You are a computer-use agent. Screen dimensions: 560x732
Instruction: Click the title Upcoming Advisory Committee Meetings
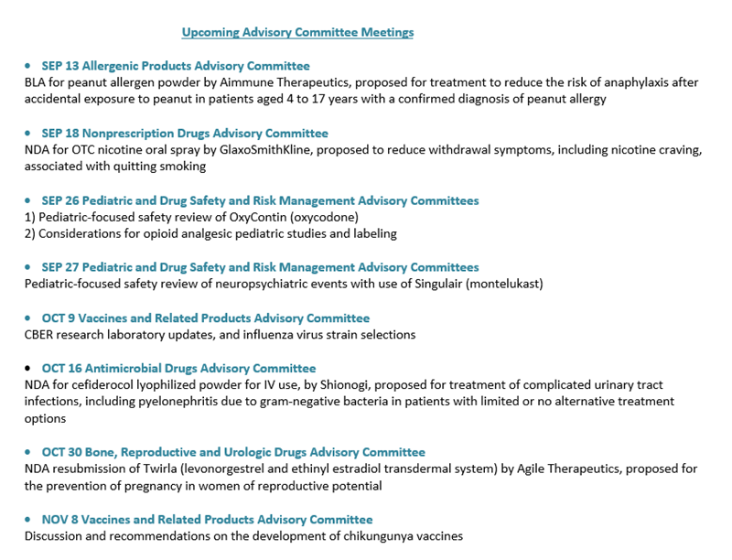coord(297,33)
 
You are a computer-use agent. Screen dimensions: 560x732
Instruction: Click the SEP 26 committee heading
coord(260,200)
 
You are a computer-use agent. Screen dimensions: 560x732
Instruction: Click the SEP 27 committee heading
coord(260,267)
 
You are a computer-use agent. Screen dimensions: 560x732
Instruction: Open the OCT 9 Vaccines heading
coord(206,318)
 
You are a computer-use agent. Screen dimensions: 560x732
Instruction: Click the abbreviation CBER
coord(41,335)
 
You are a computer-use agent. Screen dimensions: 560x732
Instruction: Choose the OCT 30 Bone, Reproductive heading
coord(233,452)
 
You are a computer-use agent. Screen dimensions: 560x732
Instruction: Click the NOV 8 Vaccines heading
coord(207,520)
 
